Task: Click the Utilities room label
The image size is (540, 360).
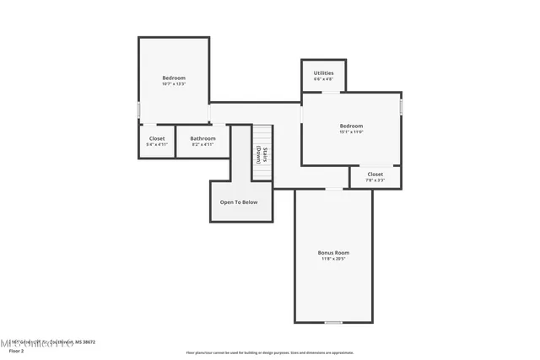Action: coord(323,73)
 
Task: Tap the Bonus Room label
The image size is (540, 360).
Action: coord(333,253)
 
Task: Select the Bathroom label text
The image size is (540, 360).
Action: coord(202,138)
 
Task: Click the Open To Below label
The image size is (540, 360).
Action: coord(239,202)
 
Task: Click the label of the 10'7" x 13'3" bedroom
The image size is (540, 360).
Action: coord(174,78)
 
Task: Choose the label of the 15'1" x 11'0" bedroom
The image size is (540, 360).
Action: coord(351,126)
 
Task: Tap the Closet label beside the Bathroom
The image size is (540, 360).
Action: coord(157,138)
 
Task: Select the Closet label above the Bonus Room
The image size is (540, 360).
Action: coord(375,175)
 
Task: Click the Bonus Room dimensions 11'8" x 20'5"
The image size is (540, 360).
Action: coord(333,259)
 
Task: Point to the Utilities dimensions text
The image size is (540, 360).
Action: coord(323,79)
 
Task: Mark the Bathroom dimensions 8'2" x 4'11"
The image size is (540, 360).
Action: coord(202,144)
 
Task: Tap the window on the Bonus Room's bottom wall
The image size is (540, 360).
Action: coord(334,322)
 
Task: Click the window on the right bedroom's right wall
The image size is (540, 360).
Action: coord(402,107)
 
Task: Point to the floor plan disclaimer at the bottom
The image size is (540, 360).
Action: coord(269,352)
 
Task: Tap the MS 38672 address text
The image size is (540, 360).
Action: coord(84,342)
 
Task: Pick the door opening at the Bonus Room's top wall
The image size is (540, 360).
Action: coord(335,189)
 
